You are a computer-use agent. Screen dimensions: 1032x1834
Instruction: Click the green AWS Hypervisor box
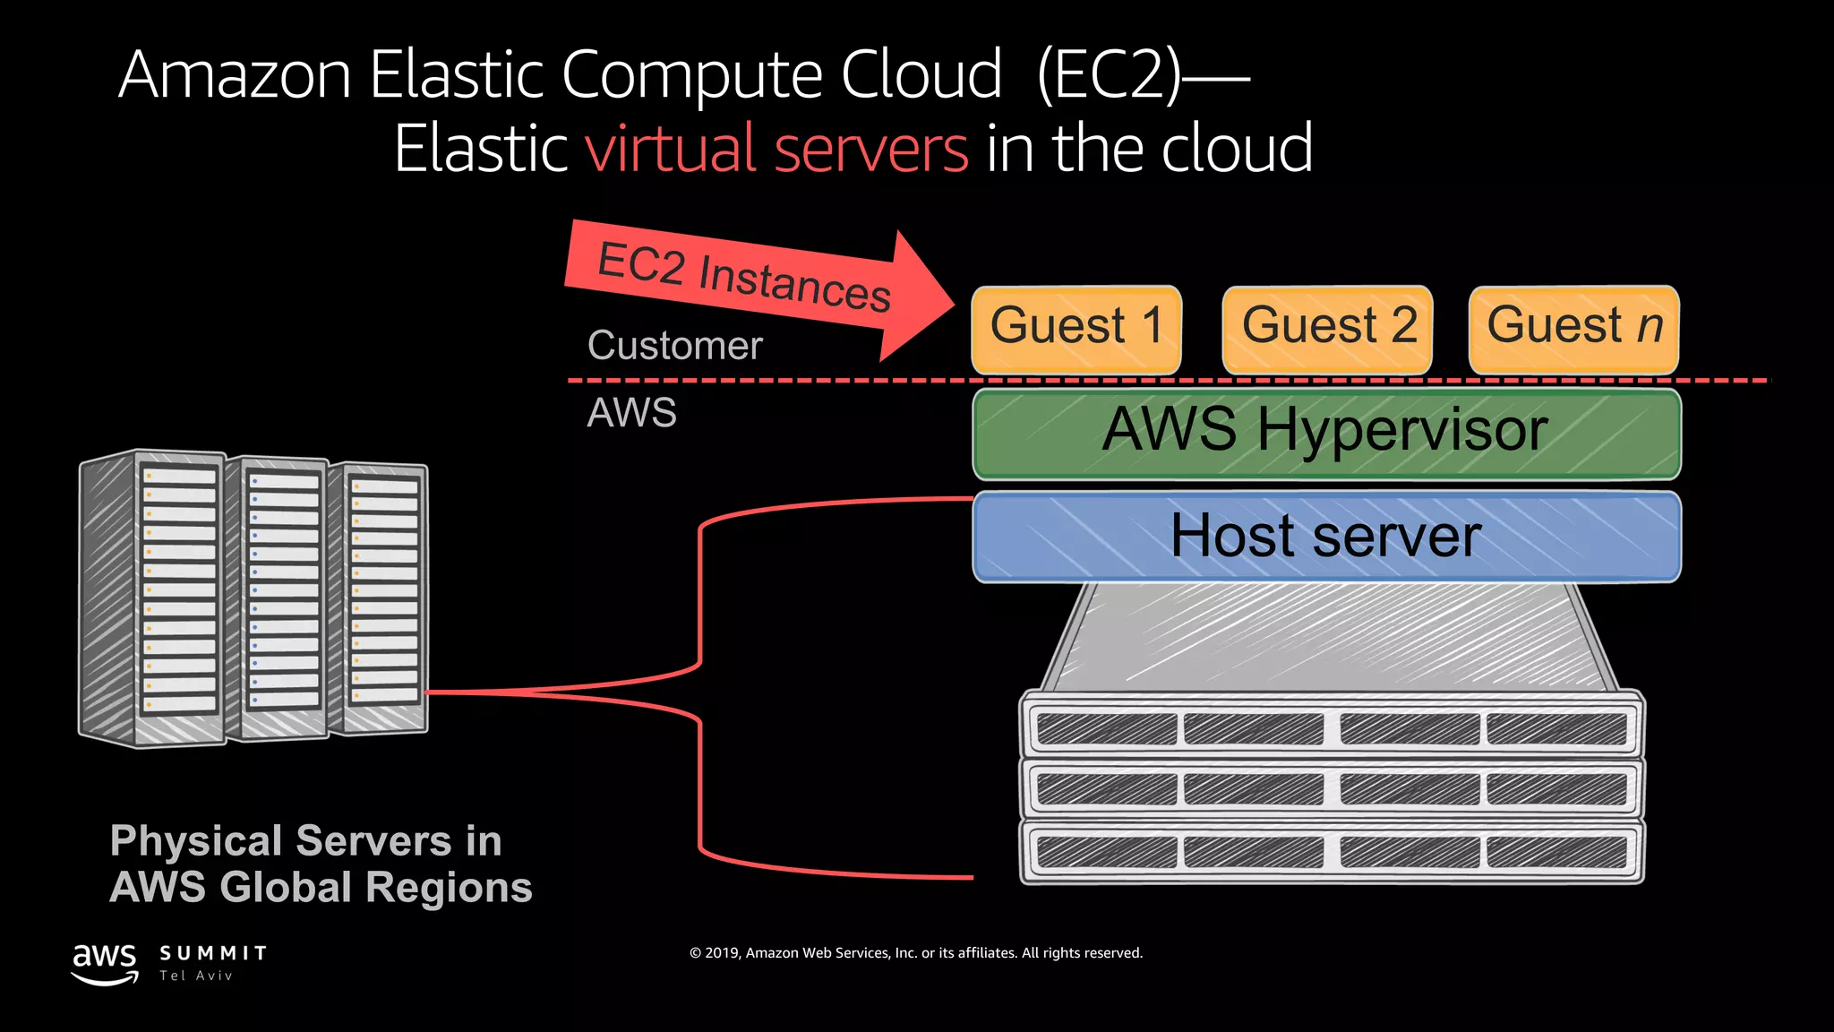pos(1326,434)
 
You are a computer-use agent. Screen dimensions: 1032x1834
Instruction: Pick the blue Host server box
pos(1326,537)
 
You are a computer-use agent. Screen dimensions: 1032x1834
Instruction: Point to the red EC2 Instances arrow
pos(752,281)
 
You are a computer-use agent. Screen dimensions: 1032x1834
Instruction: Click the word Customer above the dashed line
pos(674,346)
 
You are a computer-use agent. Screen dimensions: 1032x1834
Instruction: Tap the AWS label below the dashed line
pos(631,413)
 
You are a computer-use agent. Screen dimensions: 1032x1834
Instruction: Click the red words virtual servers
pos(776,149)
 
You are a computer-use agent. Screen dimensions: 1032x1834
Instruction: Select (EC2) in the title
pos(1109,75)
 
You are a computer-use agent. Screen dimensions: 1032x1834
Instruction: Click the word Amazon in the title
pos(235,75)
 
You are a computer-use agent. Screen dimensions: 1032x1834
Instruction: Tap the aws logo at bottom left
pos(105,963)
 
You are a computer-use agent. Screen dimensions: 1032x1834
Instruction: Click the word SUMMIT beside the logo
pos(213,953)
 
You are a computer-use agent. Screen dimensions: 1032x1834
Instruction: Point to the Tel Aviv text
pos(196,976)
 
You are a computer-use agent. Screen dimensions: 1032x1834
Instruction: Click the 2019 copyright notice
pos(916,953)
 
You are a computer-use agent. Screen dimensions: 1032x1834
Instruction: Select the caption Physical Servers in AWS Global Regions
pos(320,864)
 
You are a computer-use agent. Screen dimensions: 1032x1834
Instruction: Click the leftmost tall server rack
pos(152,598)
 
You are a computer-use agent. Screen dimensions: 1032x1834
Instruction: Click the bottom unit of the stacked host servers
pos(1332,851)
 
